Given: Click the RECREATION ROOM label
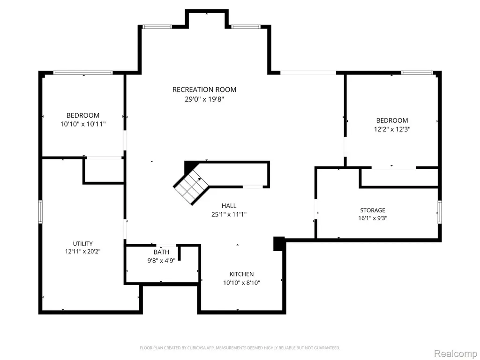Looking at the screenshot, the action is pos(204,90).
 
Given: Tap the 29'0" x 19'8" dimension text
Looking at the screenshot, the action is pos(204,99).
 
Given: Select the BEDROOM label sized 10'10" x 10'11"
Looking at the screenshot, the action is pos(83,115).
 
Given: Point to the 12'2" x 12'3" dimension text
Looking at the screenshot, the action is pos(392,129).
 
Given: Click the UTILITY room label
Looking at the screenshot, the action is pos(82,244).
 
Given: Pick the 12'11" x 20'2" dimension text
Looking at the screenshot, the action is pos(82,252).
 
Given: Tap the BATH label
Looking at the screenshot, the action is pos(161,252).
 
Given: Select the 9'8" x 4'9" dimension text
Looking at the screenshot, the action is pos(161,261).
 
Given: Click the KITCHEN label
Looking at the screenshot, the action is pos(241,274).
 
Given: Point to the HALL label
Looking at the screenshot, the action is pos(229,206).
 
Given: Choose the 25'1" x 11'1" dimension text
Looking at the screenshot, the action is pos(229,214).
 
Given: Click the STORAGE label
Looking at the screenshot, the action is pos(373,210).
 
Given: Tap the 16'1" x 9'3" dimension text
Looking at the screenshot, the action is pos(373,218).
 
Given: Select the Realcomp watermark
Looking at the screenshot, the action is pos(456,353).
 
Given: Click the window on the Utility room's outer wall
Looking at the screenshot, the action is pos(40,211).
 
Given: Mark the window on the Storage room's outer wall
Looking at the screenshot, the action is pos(440,212).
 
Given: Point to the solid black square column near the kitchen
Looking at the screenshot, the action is pos(279,244).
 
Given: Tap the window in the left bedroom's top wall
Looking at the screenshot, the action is pos(83,73).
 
